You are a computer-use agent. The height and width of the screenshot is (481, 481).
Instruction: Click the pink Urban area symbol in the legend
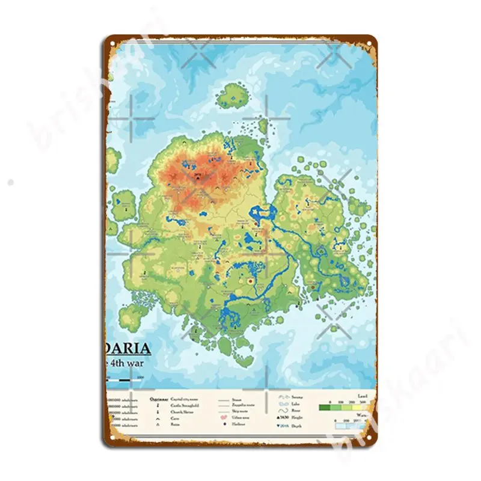pos(223,418)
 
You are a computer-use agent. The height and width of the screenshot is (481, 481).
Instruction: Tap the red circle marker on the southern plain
pos(249,280)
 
